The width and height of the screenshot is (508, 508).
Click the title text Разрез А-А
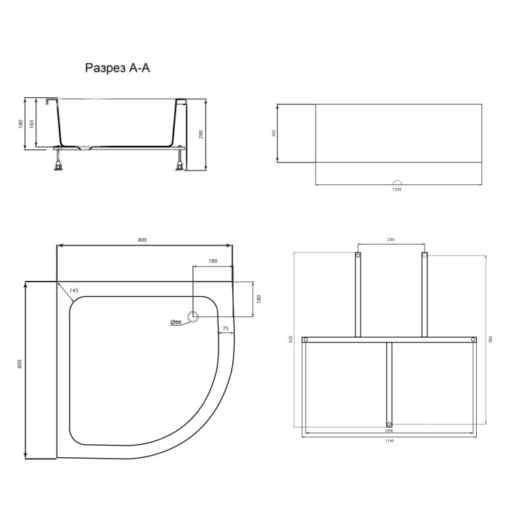[x=118, y=68]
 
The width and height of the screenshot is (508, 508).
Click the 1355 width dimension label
[x=396, y=189]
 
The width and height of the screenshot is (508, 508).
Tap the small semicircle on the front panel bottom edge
[x=396, y=182]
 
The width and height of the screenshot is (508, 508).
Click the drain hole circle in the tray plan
[x=193, y=317]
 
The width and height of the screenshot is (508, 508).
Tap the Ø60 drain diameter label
[x=175, y=322]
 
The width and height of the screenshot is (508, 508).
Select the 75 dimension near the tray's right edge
[x=226, y=329]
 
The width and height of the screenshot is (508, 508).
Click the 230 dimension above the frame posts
[x=390, y=240]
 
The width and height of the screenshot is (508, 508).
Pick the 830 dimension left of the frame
[x=290, y=340]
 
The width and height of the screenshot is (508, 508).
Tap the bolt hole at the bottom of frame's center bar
[x=389, y=424]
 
